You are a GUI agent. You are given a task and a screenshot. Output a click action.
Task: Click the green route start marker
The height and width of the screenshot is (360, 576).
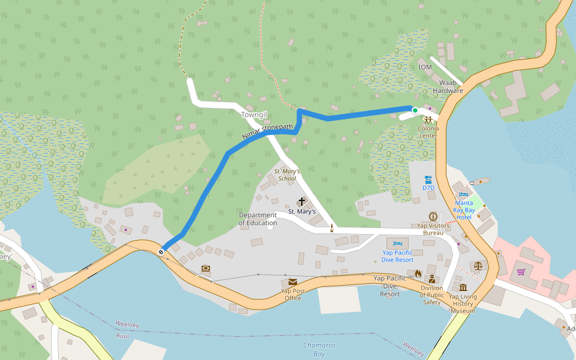(415, 110)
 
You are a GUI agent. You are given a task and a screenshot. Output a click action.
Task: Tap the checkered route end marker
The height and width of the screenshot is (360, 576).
(161, 251)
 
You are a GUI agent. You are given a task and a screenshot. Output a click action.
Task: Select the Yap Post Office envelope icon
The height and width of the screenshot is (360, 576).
(293, 282)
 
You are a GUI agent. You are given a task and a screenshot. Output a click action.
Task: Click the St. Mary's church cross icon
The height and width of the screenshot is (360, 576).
(301, 202)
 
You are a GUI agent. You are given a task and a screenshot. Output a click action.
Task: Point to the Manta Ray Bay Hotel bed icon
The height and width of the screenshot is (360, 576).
(463, 194)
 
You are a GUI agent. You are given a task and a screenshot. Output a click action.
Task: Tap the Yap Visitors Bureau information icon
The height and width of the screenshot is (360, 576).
(433, 216)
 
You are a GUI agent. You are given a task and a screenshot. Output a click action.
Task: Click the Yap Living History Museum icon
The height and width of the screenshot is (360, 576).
(463, 287)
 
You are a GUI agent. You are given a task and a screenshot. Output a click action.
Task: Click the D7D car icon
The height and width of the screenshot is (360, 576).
(428, 179)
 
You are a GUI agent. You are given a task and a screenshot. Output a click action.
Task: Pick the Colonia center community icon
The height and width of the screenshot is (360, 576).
(428, 119)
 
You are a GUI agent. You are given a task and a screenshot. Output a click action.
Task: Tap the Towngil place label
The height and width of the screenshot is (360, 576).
(253, 114)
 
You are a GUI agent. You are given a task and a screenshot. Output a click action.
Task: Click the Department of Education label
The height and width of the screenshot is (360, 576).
(258, 219)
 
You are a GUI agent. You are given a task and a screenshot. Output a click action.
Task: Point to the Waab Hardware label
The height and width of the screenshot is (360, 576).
(448, 86)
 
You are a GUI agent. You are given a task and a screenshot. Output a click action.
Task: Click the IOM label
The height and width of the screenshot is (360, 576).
(425, 67)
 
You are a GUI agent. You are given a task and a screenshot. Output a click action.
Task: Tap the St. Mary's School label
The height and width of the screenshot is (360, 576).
(287, 175)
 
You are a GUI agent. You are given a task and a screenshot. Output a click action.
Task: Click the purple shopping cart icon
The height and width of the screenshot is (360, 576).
(521, 272)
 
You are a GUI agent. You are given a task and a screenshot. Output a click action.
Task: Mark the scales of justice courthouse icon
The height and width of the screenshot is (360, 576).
(478, 265)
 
